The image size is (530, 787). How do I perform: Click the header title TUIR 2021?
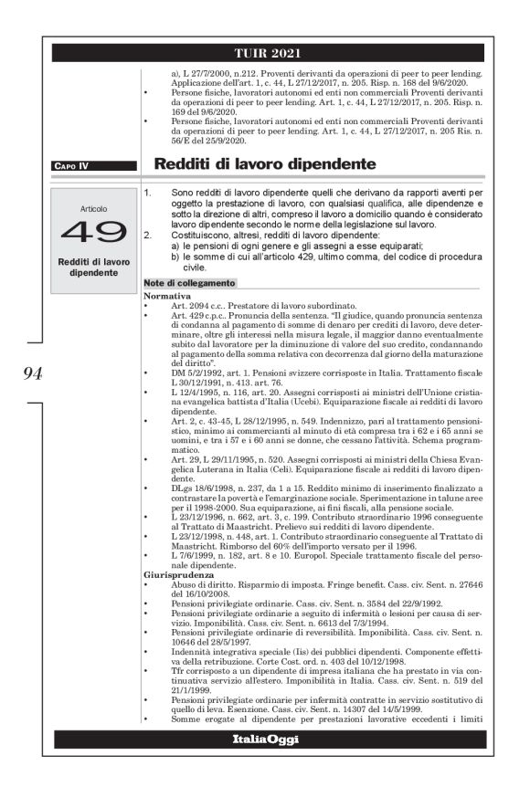[265, 54]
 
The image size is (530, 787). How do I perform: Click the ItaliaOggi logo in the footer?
[265, 739]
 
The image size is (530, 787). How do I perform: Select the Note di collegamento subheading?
[190, 284]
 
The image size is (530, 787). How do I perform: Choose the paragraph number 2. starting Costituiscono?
[149, 236]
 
